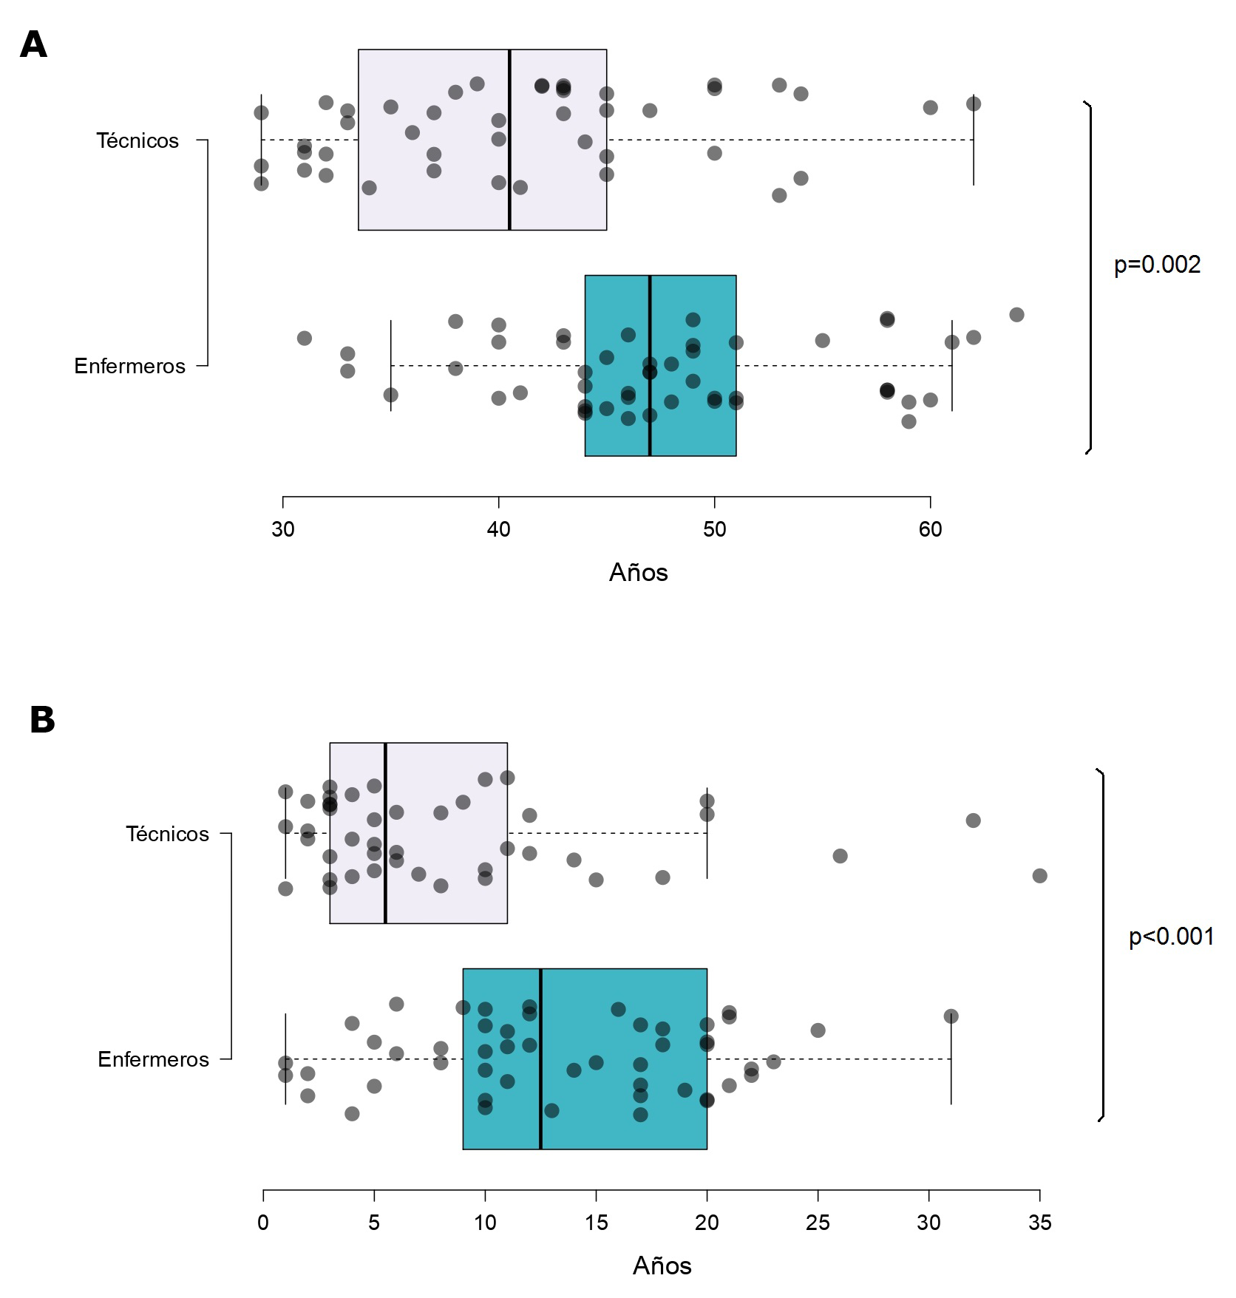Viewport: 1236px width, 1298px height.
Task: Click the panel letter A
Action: pyautogui.click(x=34, y=45)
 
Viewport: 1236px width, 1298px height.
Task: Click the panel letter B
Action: pyautogui.click(x=42, y=720)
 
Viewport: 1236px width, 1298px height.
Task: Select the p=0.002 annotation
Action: pyautogui.click(x=1157, y=265)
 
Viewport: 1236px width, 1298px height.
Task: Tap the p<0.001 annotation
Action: pyautogui.click(x=1171, y=937)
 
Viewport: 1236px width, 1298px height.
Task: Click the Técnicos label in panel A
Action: pyautogui.click(x=137, y=140)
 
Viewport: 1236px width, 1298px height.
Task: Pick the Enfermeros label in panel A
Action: pyautogui.click(x=129, y=366)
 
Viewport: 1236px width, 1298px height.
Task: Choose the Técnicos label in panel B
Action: pyautogui.click(x=167, y=834)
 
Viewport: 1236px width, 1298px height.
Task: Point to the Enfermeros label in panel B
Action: pyautogui.click(x=153, y=1059)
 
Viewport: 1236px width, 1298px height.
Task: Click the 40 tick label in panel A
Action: pyautogui.click(x=499, y=529)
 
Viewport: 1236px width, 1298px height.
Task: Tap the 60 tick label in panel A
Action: pyautogui.click(x=930, y=529)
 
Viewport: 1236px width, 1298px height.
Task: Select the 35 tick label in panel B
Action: pyautogui.click(x=1039, y=1223)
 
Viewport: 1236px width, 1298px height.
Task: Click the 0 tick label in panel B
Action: pyautogui.click(x=263, y=1223)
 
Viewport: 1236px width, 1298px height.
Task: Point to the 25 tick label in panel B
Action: pyautogui.click(x=818, y=1223)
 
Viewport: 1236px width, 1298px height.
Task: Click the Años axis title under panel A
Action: pyautogui.click(x=638, y=573)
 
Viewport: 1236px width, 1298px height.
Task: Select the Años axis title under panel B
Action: pyautogui.click(x=662, y=1266)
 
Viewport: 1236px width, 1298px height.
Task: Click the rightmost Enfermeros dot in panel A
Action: pyautogui.click(x=1016, y=315)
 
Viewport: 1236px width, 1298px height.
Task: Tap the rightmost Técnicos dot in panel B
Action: pyautogui.click(x=1039, y=876)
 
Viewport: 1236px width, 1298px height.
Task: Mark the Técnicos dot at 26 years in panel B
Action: pyautogui.click(x=840, y=856)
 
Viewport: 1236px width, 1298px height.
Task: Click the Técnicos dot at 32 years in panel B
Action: pyautogui.click(x=973, y=820)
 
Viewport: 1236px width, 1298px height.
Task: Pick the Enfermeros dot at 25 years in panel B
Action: pyautogui.click(x=818, y=1030)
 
